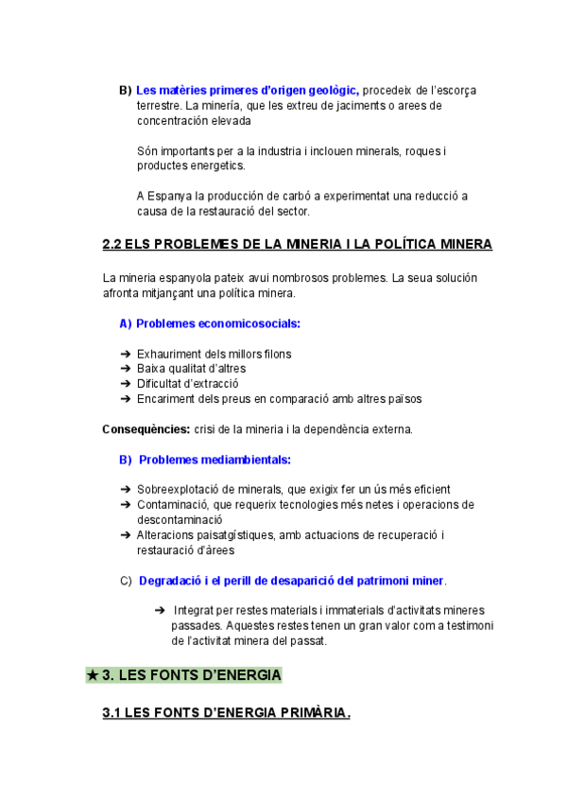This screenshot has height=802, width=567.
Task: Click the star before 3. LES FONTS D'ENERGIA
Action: (x=92, y=675)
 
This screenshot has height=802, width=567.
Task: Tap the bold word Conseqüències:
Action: (x=146, y=429)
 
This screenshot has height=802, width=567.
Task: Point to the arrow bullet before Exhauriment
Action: (x=126, y=354)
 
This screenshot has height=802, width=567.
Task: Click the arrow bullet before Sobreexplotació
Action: (x=126, y=490)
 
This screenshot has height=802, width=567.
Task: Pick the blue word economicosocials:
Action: (x=242, y=323)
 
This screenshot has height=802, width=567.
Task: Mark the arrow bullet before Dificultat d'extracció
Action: (x=126, y=384)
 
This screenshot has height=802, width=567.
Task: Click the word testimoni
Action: (x=467, y=626)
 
